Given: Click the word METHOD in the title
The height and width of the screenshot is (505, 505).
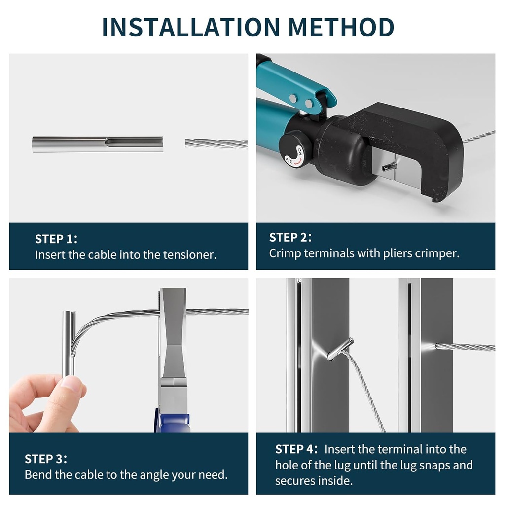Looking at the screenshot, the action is click(x=341, y=27).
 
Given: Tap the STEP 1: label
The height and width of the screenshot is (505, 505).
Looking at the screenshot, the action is click(x=56, y=239).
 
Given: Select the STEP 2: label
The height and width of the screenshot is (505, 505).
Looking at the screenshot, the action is click(x=290, y=237).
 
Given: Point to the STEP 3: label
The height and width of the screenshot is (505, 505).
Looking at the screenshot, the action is click(x=46, y=459).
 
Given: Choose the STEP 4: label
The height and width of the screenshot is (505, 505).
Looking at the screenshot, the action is click(x=296, y=449).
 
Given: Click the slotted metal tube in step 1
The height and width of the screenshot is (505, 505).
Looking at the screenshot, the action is click(x=98, y=144).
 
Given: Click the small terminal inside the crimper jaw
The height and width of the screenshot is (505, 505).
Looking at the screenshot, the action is click(x=389, y=167).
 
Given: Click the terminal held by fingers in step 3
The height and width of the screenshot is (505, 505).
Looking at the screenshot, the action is click(x=69, y=343).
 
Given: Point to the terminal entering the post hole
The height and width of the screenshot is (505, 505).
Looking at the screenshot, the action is click(x=340, y=349).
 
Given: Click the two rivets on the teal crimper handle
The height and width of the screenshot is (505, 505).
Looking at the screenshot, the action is click(x=301, y=101).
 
